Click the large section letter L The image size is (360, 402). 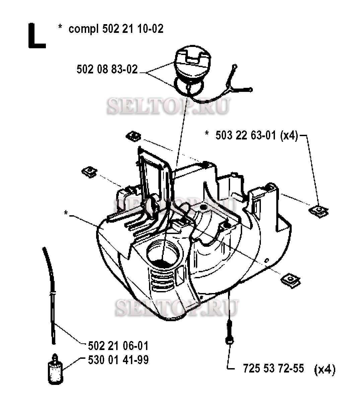[x=36, y=36]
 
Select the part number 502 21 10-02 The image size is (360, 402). [x=132, y=29]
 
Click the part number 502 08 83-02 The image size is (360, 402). [x=107, y=69]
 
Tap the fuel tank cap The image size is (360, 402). [x=193, y=65]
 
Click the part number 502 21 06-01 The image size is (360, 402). [x=118, y=345]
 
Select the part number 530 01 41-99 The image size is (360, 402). [x=118, y=360]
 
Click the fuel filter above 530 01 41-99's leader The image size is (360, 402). [x=54, y=368]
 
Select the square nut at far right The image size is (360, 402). [x=318, y=211]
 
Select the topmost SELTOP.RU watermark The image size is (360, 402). [x=168, y=107]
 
